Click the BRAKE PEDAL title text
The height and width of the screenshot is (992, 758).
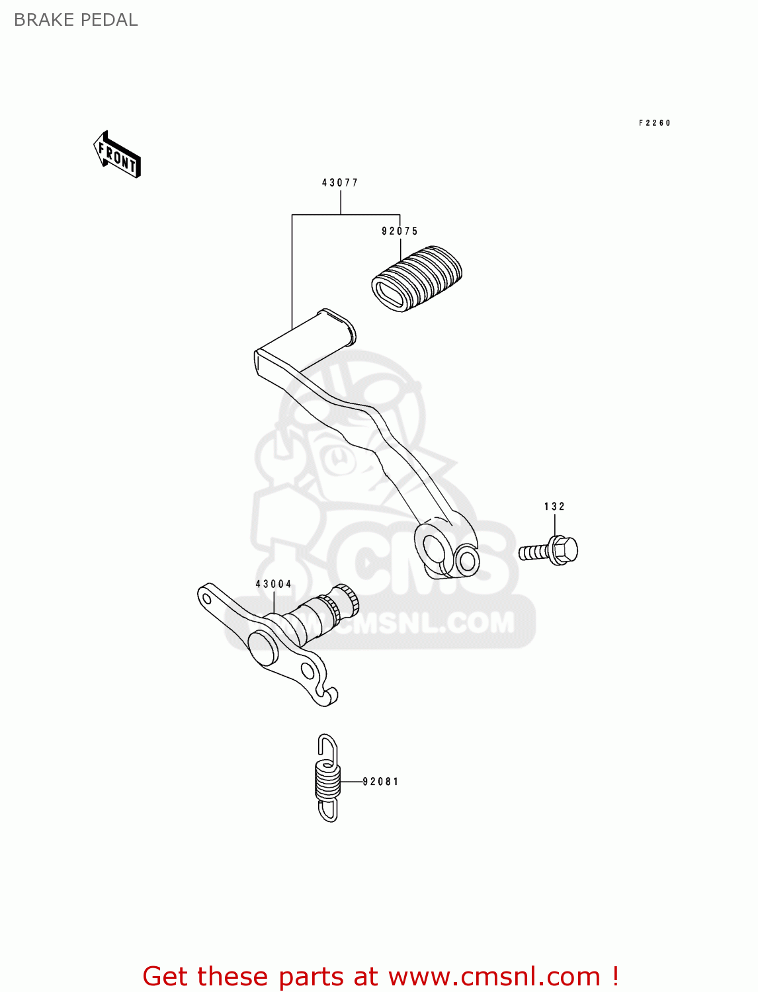[x=75, y=20]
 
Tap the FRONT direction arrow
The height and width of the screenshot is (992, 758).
[x=117, y=155]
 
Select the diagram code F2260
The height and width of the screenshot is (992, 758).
[x=654, y=123]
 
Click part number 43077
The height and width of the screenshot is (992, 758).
[x=340, y=183]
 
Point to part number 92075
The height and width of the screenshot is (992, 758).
[x=400, y=231]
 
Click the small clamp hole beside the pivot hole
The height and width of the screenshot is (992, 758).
[x=468, y=561]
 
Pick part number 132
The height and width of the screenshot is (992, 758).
[x=554, y=507]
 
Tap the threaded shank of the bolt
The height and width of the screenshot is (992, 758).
[x=534, y=552]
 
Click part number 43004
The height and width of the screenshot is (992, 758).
[x=274, y=584]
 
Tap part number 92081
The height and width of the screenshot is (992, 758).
[x=381, y=782]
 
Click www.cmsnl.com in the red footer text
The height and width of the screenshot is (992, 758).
[x=493, y=977]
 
